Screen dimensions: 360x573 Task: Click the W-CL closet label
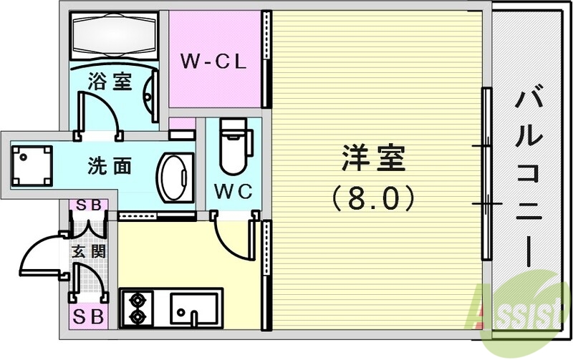(x=213, y=62)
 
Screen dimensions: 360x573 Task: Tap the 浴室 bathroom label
(x=110, y=81)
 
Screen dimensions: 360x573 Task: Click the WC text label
(x=231, y=192)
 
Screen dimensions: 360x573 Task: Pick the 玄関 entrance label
(x=88, y=251)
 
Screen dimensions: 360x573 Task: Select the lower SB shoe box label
(x=88, y=314)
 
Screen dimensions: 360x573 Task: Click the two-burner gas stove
(x=138, y=307)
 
